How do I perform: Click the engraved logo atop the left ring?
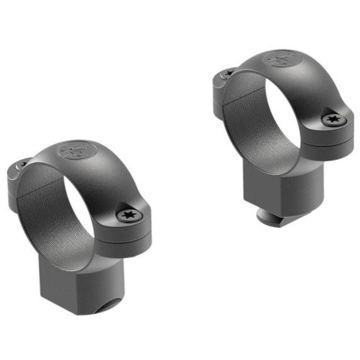[x=76, y=151]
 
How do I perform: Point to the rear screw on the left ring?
[x=20, y=165]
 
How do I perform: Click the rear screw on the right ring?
[x=228, y=73]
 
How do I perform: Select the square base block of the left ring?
[x=69, y=277]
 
